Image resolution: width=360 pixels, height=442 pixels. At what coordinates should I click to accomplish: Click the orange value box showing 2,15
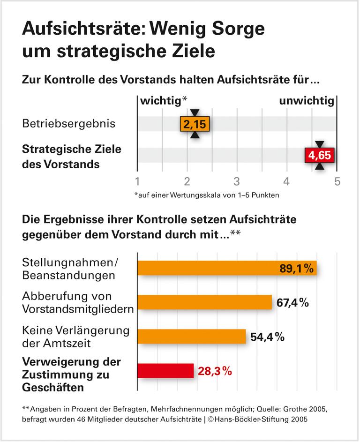[195, 124]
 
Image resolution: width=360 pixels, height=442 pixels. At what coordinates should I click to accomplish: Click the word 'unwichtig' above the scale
[307, 101]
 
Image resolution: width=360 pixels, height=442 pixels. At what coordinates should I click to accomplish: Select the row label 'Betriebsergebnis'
[68, 124]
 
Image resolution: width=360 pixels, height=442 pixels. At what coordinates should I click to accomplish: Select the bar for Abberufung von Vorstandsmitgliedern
[204, 302]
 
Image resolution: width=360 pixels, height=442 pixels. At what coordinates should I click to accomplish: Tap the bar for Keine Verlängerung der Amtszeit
[191, 337]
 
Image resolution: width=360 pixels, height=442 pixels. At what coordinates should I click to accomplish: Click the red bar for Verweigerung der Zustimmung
[165, 371]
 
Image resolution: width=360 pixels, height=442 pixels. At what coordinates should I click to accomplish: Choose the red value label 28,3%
[215, 371]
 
